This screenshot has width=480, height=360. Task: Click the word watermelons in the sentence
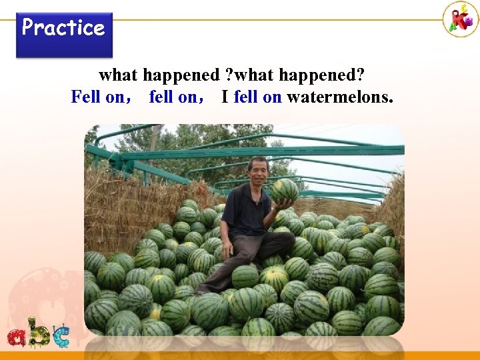[340, 97]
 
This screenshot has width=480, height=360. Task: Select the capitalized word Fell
[86, 97]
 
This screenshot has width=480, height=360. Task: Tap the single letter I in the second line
[225, 97]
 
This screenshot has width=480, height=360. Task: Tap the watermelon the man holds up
[285, 191]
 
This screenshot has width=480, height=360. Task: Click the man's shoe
[204, 289]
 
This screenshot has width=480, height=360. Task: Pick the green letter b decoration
[39, 331]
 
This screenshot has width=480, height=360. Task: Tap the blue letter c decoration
[61, 335]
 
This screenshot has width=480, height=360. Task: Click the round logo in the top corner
[461, 19]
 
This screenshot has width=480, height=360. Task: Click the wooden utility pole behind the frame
[154, 143]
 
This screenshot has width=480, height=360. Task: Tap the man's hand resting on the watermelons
[227, 251]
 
